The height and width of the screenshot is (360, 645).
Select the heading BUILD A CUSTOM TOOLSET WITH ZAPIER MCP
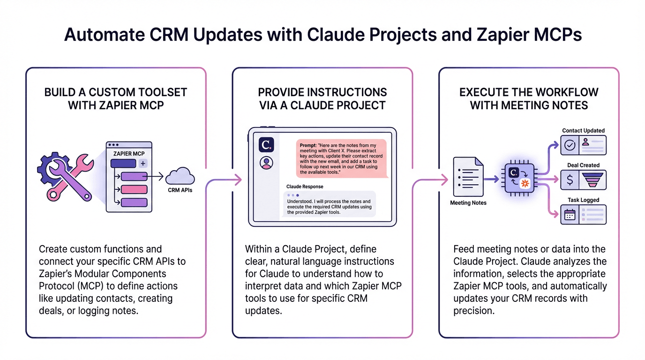pyautogui.click(x=116, y=98)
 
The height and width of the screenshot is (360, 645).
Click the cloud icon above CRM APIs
pyautogui.click(x=180, y=176)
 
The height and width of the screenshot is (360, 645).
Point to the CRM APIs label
pyautogui.click(x=180, y=190)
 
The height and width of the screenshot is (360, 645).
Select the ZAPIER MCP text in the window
pyautogui.click(x=129, y=153)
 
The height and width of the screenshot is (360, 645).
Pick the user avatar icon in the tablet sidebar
pyautogui.click(x=266, y=163)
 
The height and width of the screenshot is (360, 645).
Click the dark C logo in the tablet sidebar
pyautogui.click(x=266, y=145)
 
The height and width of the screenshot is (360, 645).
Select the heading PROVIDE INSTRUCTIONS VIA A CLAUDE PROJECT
pyautogui.click(x=322, y=98)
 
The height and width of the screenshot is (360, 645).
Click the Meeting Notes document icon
pyautogui.click(x=468, y=177)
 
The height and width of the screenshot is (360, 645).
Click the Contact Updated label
pyautogui.click(x=583, y=130)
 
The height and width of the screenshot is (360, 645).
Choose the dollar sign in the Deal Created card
pyautogui.click(x=570, y=180)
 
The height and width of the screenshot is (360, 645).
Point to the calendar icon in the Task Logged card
pyautogui.click(x=570, y=215)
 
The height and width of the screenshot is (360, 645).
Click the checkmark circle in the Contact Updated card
pyautogui.click(x=570, y=145)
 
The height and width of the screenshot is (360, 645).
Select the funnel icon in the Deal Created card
pyautogui.click(x=593, y=180)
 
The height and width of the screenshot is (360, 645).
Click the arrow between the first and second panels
pyautogui.click(x=234, y=179)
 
